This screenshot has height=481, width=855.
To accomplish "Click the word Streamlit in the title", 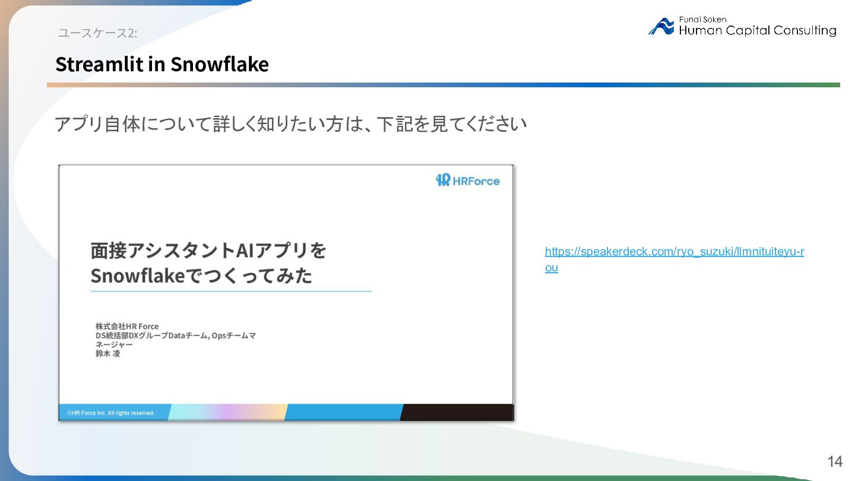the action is click(x=99, y=64).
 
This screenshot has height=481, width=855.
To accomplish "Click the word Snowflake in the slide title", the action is click(x=220, y=64).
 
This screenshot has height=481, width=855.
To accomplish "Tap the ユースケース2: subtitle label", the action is click(x=97, y=33).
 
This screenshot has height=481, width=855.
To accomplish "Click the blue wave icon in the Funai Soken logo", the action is click(x=661, y=26).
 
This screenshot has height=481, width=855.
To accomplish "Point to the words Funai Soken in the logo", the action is click(x=702, y=20).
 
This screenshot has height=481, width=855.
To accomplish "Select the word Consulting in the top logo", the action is click(x=805, y=30).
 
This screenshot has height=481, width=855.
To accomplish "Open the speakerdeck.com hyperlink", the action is click(x=674, y=259).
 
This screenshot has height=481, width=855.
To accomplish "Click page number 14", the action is click(x=835, y=461).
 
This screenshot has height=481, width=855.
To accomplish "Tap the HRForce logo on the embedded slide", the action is click(x=468, y=180).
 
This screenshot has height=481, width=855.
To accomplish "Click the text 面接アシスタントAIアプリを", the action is click(x=208, y=251).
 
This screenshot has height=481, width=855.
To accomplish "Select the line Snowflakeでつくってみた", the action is click(x=201, y=276).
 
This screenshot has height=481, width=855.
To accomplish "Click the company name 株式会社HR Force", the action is click(x=127, y=327).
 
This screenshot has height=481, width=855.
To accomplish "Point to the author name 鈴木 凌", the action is click(x=107, y=353).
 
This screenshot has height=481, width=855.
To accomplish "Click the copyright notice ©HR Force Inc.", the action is click(x=110, y=413).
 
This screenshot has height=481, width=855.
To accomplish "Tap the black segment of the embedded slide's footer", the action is click(x=457, y=412).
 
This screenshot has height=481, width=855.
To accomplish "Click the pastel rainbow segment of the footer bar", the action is click(x=228, y=412).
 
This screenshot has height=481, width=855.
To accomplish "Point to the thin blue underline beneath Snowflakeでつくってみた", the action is click(x=232, y=291).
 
